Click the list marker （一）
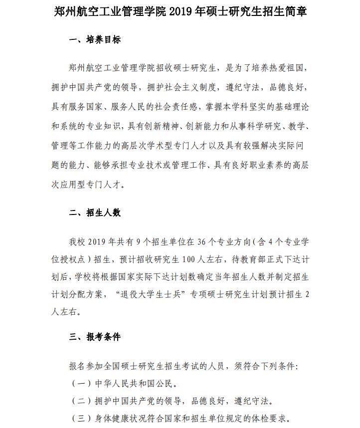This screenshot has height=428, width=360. [x=82, y=384]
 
